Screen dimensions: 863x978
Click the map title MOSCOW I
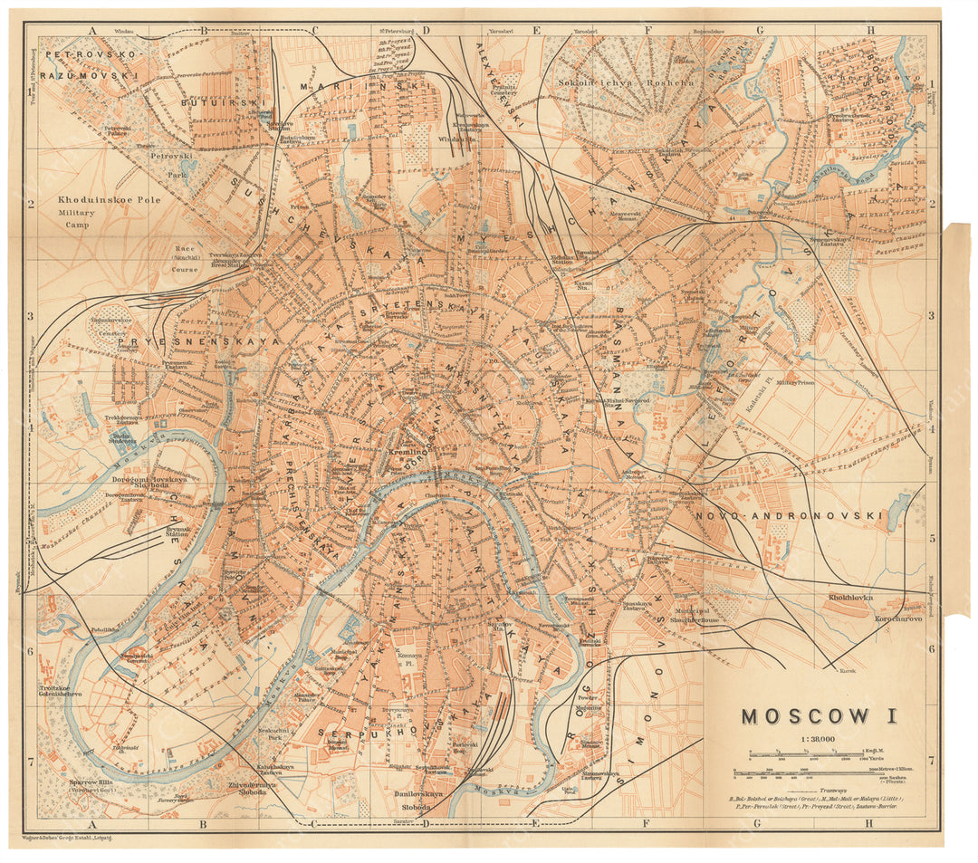coord(820,716)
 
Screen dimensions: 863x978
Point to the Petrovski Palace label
coord(118,132)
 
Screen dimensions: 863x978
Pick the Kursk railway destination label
coord(848,671)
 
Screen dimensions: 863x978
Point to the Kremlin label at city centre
coord(404,450)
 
